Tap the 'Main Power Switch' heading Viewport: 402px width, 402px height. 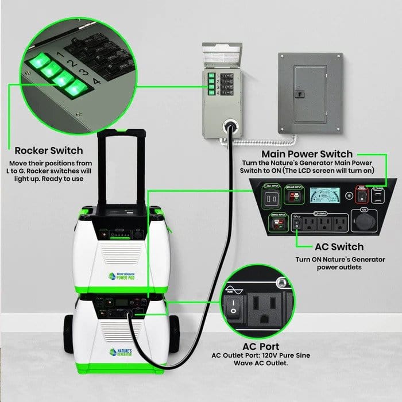tap(307, 154)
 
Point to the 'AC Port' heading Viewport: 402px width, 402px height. tap(260, 347)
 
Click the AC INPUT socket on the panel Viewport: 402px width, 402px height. tap(273, 199)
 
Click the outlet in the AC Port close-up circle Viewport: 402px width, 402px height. tap(268, 311)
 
